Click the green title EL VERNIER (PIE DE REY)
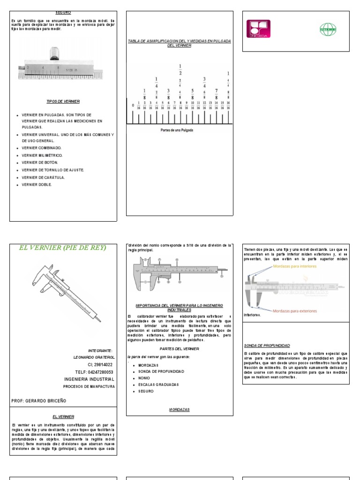point(63,247)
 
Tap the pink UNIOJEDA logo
point(258,29)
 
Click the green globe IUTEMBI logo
point(328,29)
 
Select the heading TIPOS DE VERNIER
point(63,101)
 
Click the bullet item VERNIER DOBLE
point(37,185)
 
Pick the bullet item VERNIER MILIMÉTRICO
point(42,155)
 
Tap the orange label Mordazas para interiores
point(294,266)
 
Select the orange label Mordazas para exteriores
point(294,310)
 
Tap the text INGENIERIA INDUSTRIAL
point(89,379)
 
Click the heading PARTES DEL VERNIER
point(179,349)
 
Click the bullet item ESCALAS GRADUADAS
point(157,384)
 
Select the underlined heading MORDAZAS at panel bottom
point(179,409)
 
